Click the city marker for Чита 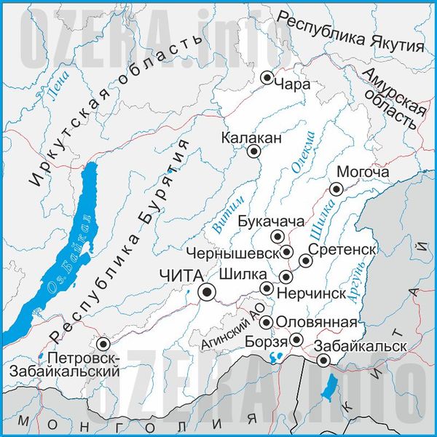tap(208, 292)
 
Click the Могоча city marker tap(336, 189)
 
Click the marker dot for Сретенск tap(306, 260)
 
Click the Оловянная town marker tap(267, 322)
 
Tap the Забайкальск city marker tap(323, 360)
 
